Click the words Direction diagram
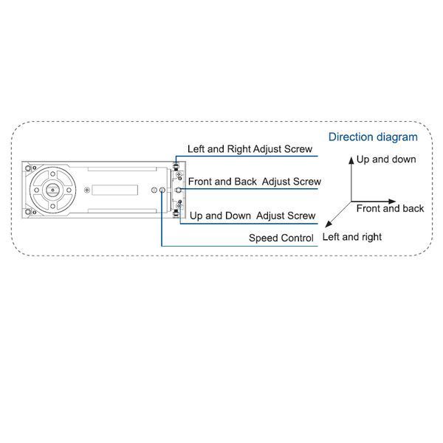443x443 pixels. click(373, 137)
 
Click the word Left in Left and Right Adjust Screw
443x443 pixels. click(196, 149)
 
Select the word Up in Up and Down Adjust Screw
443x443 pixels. click(196, 216)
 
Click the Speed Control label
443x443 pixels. click(281, 238)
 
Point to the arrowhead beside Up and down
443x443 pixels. click(351, 160)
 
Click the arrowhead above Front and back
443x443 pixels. click(392, 202)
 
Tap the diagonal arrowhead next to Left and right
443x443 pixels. click(329, 224)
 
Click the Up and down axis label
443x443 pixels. click(386, 159)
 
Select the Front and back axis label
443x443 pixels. click(390, 208)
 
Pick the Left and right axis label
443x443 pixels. click(352, 237)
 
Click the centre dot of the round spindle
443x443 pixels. click(52, 190)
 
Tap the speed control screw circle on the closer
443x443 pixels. click(162, 190)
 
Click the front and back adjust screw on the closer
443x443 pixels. click(178, 190)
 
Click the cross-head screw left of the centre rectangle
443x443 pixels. click(87, 190)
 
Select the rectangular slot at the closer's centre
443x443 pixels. click(114, 190)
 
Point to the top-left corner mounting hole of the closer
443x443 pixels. click(28, 168)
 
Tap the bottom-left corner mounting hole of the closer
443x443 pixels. click(28, 211)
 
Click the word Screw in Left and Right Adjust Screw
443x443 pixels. click(298, 149)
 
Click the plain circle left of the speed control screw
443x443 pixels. click(154, 190)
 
